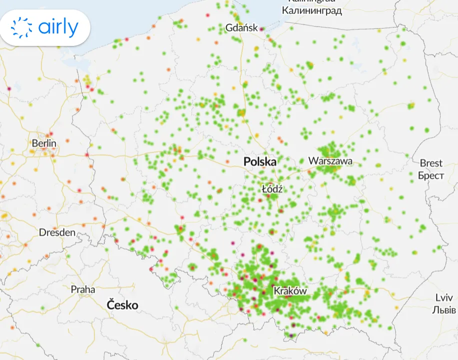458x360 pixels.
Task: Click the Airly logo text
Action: pyautogui.click(x=58, y=28)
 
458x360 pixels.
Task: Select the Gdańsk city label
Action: pyautogui.click(x=242, y=27)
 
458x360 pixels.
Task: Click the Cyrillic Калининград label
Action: pyautogui.click(x=312, y=10)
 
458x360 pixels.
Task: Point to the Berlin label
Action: pyautogui.click(x=44, y=143)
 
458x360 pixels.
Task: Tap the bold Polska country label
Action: pyautogui.click(x=260, y=162)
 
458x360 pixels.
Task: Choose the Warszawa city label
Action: pyautogui.click(x=330, y=161)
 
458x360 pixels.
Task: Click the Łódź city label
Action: pyautogui.click(x=273, y=189)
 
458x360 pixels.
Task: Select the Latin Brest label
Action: pyautogui.click(x=431, y=163)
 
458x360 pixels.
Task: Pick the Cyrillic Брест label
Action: pyautogui.click(x=431, y=175)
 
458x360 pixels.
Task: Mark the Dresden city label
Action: pyautogui.click(x=57, y=232)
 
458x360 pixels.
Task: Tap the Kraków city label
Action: pyautogui.click(x=290, y=291)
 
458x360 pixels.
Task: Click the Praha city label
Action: pyautogui.click(x=83, y=289)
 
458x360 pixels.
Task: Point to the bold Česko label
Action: pyautogui.click(x=122, y=305)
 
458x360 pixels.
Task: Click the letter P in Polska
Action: pyautogui.click(x=247, y=162)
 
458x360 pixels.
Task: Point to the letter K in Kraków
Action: pyautogui.click(x=277, y=291)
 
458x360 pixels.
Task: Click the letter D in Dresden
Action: pyautogui.click(x=42, y=232)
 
